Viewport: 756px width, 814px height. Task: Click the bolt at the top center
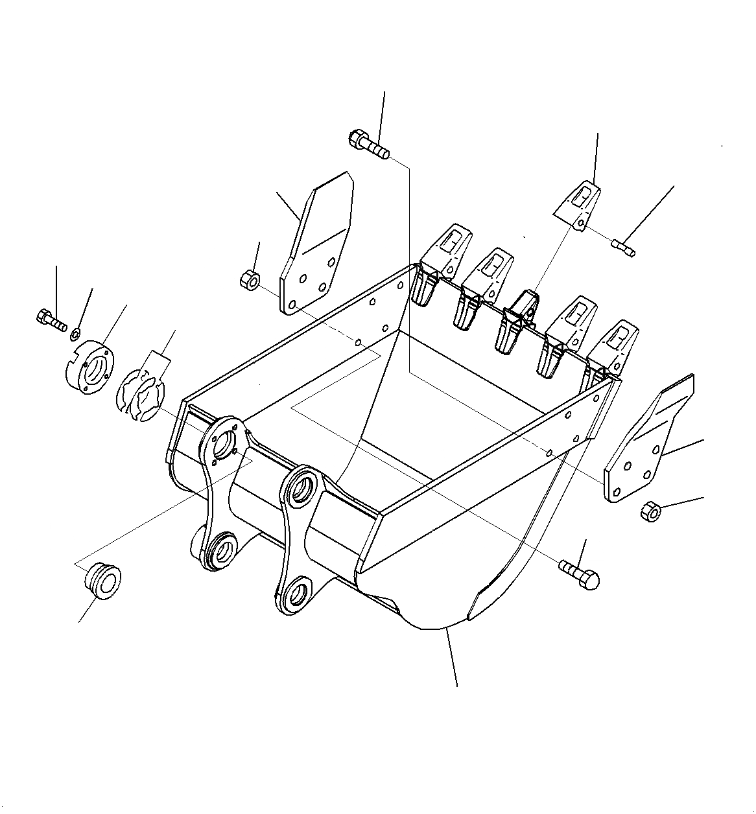tap(368, 144)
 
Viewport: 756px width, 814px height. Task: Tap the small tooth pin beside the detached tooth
tap(624, 248)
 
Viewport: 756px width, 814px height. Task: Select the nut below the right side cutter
tap(650, 512)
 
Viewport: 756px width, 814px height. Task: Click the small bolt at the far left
tap(51, 319)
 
